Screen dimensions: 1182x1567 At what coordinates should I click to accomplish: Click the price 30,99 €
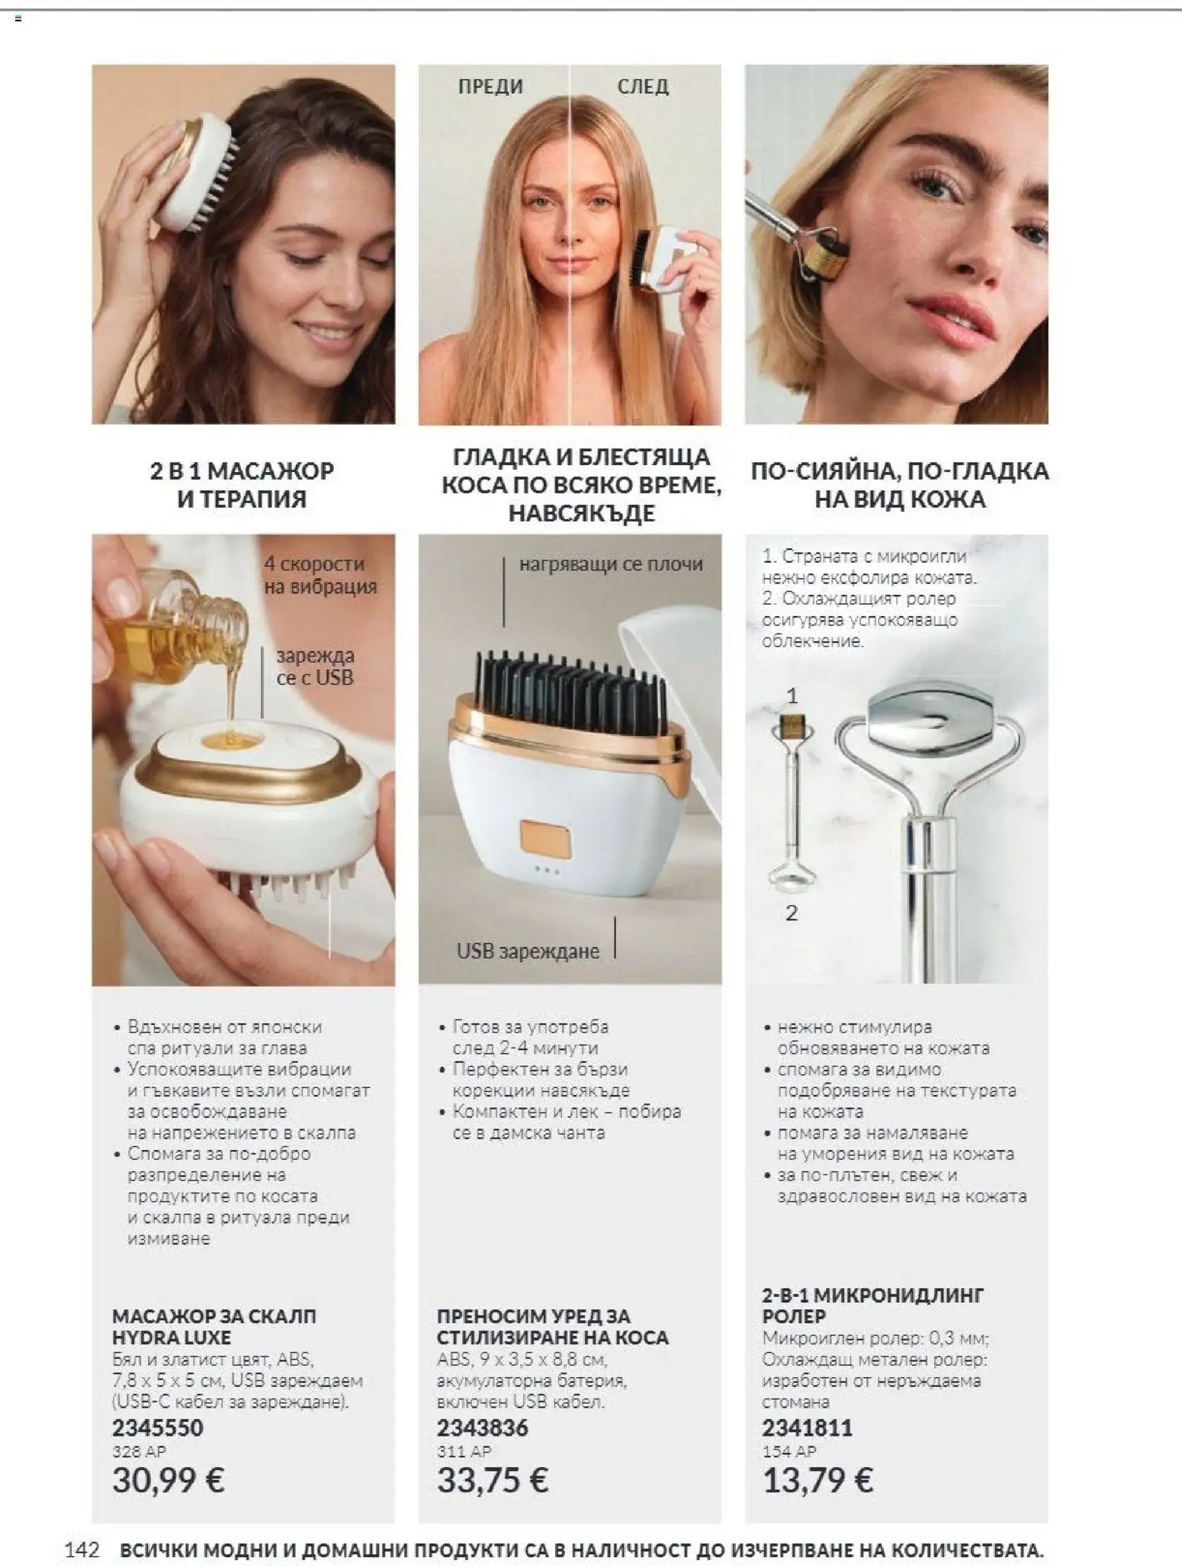169,1480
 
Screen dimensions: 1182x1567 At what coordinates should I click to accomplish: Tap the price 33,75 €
493,1480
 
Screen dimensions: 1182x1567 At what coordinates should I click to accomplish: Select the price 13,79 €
818,1480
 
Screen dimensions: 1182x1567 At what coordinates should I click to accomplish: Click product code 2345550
158,1427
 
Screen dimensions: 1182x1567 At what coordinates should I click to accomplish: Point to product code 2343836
482,1427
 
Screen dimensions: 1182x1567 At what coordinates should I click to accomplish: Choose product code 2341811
808,1427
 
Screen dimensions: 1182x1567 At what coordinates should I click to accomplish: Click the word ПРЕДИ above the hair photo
490,86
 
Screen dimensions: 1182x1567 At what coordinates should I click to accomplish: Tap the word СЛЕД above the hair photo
643,86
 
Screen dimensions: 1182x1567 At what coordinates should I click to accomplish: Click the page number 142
83,1549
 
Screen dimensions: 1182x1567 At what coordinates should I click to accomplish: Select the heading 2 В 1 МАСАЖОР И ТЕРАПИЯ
242,485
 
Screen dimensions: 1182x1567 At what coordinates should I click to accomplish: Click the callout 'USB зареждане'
528,951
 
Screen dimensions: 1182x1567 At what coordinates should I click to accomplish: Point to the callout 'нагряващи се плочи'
611,564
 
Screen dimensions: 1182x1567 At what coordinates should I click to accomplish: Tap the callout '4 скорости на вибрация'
320,575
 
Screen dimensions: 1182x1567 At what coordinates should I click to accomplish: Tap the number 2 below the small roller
792,913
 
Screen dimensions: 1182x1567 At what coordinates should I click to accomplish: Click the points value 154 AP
789,1451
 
